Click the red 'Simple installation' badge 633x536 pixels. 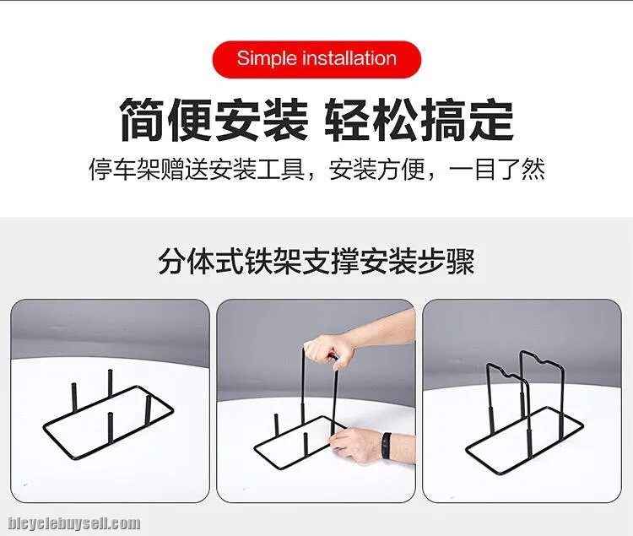(316, 59)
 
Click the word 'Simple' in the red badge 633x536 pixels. (267, 58)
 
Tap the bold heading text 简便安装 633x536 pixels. (214, 120)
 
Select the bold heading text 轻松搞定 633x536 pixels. (419, 120)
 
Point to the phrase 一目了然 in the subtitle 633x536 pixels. (496, 169)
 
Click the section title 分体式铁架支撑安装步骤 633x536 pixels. (316, 262)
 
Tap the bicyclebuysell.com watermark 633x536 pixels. (74, 523)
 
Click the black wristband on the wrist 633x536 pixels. (386, 445)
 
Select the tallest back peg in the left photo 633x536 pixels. (110, 383)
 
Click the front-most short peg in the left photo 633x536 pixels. (111, 427)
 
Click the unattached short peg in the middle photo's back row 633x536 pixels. (277, 425)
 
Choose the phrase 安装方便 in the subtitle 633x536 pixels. (376, 169)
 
